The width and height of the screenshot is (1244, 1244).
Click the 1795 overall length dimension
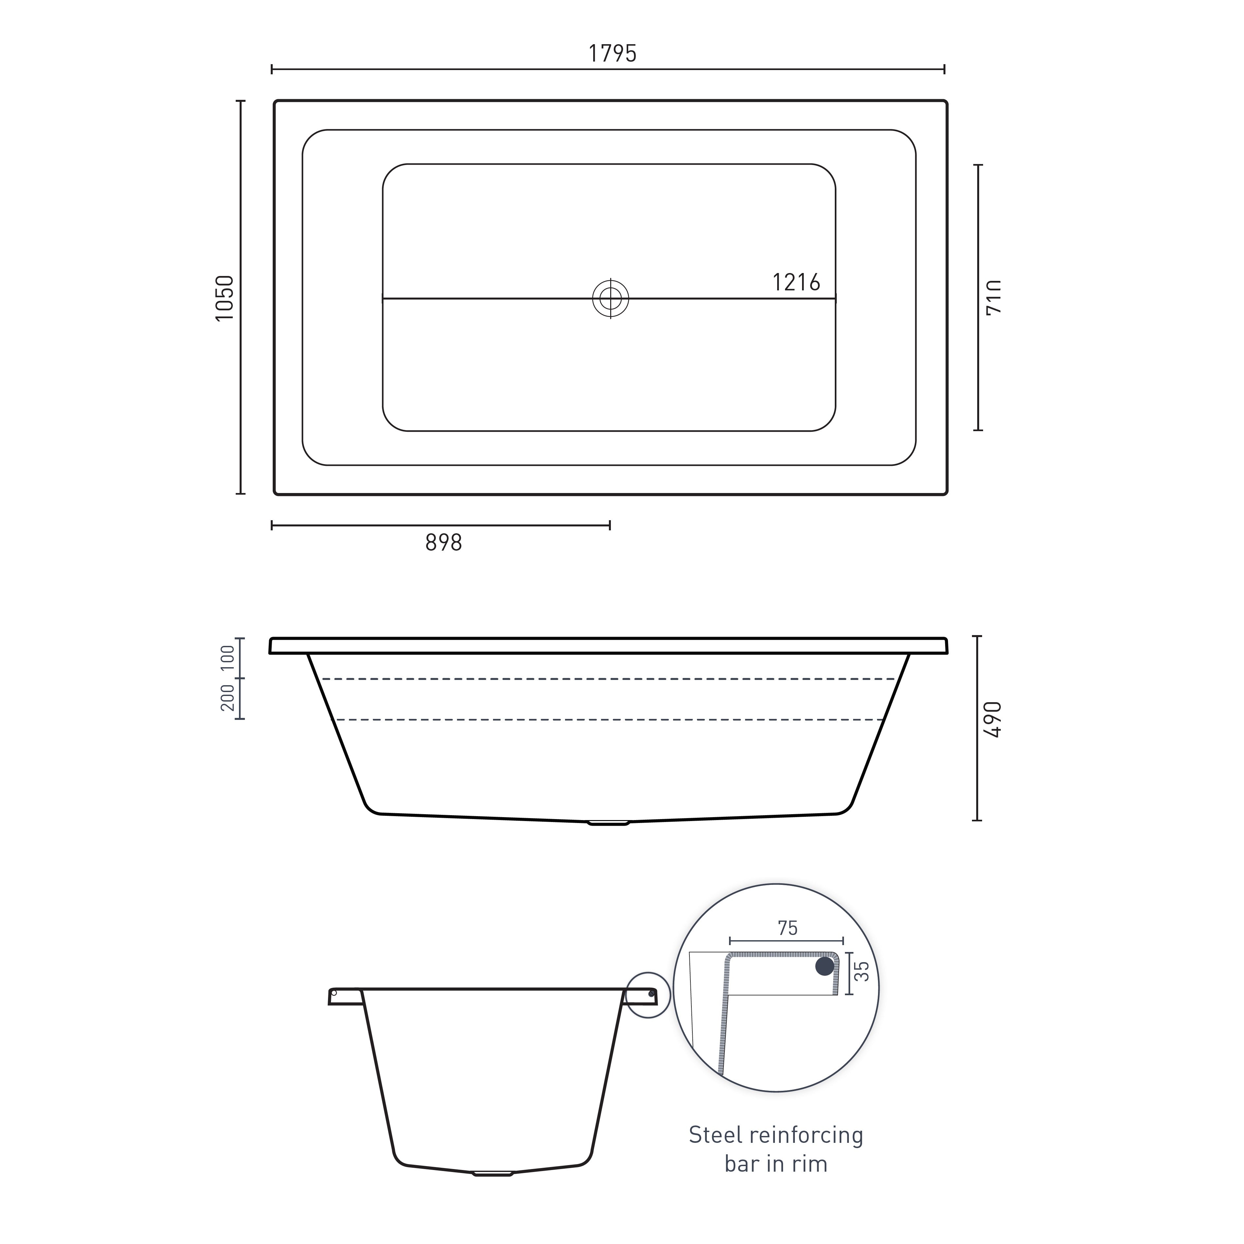(612, 53)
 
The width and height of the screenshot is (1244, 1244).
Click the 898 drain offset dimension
(444, 543)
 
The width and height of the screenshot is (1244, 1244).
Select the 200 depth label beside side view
(228, 698)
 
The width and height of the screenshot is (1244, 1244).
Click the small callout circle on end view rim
(649, 995)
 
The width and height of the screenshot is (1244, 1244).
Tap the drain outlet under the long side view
(609, 822)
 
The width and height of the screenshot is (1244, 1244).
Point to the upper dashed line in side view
(609, 679)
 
